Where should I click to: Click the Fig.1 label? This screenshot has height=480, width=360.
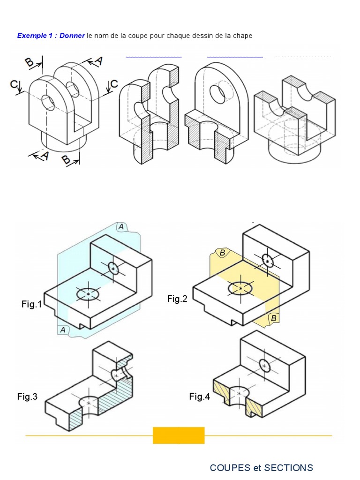pyautogui.click(x=31, y=305)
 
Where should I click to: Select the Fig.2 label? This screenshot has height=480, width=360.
pyautogui.click(x=177, y=299)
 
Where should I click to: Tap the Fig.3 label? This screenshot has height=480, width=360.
pyautogui.click(x=28, y=397)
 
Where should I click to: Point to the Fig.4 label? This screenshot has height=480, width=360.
pyautogui.click(x=200, y=397)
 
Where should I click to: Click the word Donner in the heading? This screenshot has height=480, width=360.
pyautogui.click(x=72, y=36)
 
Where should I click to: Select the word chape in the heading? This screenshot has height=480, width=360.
pyautogui.click(x=243, y=36)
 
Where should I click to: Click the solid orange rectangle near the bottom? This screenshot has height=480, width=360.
pyautogui.click(x=179, y=435)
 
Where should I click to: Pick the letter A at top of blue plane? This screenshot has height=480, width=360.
pyautogui.click(x=121, y=227)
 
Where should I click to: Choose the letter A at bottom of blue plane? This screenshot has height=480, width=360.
pyautogui.click(x=62, y=330)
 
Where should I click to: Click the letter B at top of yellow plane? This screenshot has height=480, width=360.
pyautogui.click(x=223, y=253)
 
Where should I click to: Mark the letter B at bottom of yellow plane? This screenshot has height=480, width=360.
pyautogui.click(x=273, y=319)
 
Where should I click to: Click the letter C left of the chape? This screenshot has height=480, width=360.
pyautogui.click(x=15, y=85)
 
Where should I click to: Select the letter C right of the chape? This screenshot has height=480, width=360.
pyautogui.click(x=114, y=84)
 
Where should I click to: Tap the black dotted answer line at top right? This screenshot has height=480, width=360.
pyautogui.click(x=303, y=57)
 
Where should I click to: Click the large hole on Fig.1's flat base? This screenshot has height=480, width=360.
pyautogui.click(x=88, y=294)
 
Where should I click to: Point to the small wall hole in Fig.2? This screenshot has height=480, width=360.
pyautogui.click(x=267, y=261)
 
